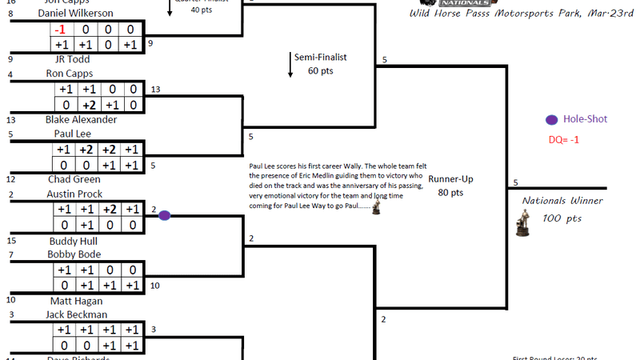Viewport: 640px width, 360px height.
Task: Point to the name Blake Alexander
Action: [82, 119]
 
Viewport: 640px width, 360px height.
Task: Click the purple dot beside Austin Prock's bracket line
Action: [164, 215]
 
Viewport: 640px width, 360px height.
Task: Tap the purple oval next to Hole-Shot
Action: [552, 120]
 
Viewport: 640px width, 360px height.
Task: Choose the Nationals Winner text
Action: [562, 201]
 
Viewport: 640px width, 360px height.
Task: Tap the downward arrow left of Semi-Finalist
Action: [291, 64]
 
